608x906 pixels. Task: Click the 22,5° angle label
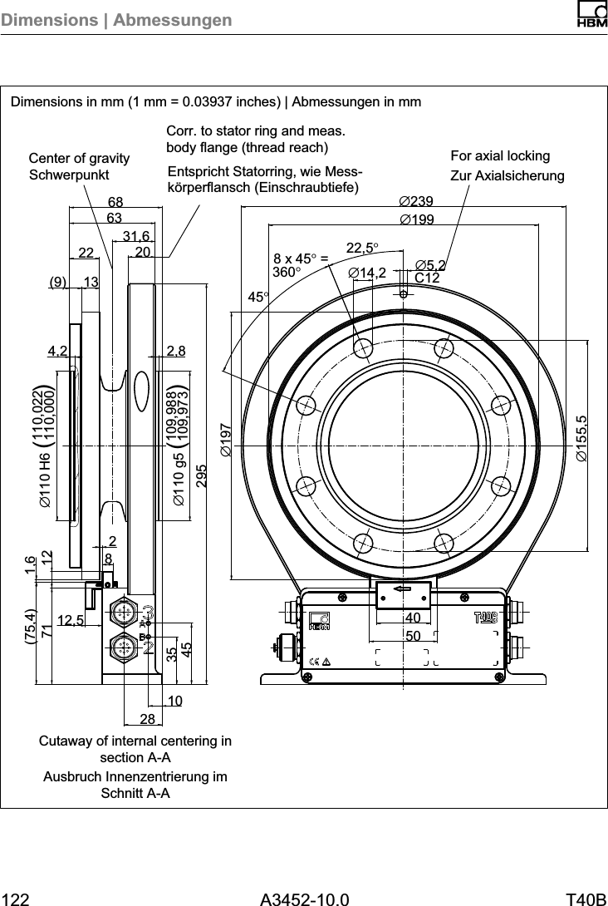[362, 248]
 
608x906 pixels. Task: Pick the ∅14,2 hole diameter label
[368, 272]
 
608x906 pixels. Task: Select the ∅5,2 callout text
[431, 265]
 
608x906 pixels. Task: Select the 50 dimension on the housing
[413, 635]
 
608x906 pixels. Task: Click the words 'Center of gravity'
[79, 158]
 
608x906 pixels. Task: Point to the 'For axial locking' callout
[500, 156]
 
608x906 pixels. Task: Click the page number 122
[16, 899]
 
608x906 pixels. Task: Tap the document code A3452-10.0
[304, 899]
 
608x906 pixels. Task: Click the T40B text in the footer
[586, 899]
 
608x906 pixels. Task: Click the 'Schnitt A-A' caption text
[135, 793]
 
